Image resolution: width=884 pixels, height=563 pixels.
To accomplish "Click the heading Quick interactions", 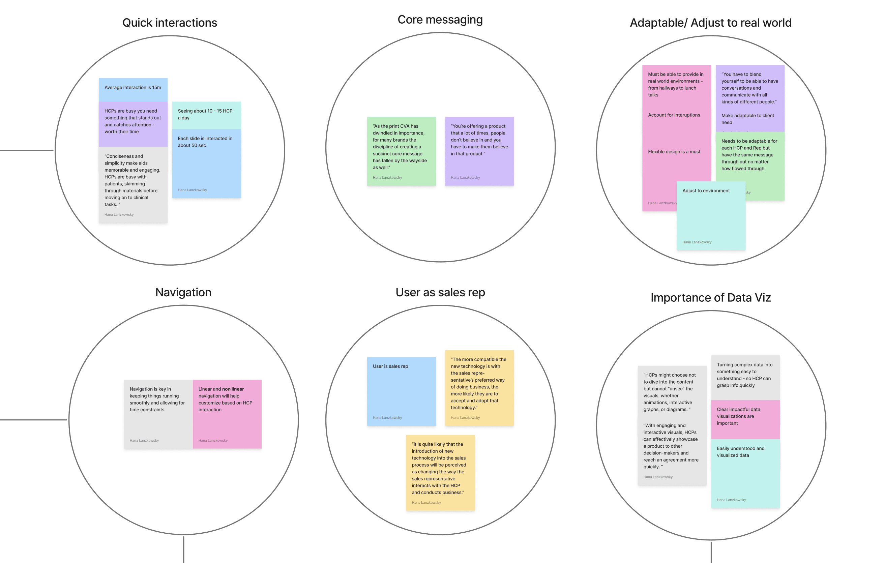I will (170, 23).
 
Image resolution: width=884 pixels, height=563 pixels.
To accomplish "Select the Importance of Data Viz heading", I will (710, 298).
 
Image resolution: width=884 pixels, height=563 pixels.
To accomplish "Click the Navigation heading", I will (183, 293).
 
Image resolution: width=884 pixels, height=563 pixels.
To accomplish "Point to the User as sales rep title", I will (440, 293).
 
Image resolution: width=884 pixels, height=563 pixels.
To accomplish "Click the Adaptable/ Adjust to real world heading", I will (710, 23).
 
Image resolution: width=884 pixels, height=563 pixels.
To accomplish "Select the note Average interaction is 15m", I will (132, 88).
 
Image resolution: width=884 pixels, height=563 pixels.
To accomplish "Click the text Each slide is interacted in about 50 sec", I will (205, 142).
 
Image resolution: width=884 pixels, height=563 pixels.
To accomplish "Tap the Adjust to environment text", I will (706, 191).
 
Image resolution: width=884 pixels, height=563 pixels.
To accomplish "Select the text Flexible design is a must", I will (674, 152).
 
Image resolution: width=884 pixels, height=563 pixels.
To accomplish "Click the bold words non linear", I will (233, 389).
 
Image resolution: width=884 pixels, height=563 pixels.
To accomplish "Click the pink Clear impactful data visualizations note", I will (745, 419).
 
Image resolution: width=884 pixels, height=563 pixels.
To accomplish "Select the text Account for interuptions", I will (674, 115).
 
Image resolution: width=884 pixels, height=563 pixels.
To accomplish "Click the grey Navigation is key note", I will (158, 414).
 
